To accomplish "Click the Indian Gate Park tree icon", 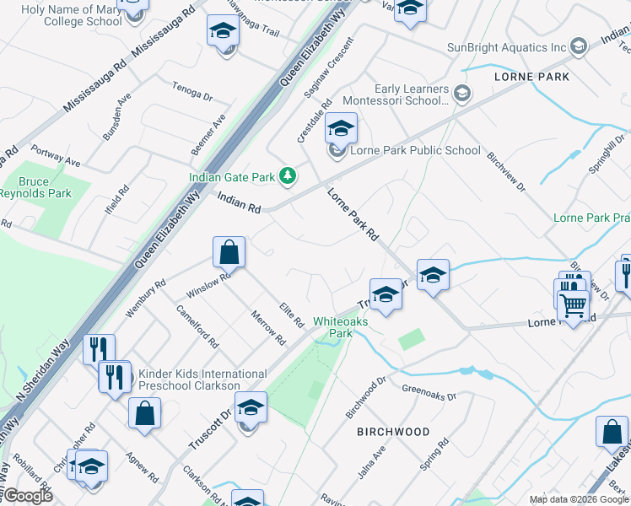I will tap(289, 175).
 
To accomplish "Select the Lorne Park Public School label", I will tap(415, 151).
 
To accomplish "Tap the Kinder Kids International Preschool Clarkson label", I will tap(202, 379).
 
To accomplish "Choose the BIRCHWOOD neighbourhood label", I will tap(392, 432).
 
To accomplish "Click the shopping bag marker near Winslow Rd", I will tap(229, 251).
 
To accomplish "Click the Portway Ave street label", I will tap(56, 157).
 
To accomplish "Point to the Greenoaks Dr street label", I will tap(429, 392).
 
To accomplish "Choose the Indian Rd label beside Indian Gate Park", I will tap(240, 202).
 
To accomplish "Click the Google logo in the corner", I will tap(28, 496).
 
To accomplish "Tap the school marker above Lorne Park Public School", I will tap(341, 129).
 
